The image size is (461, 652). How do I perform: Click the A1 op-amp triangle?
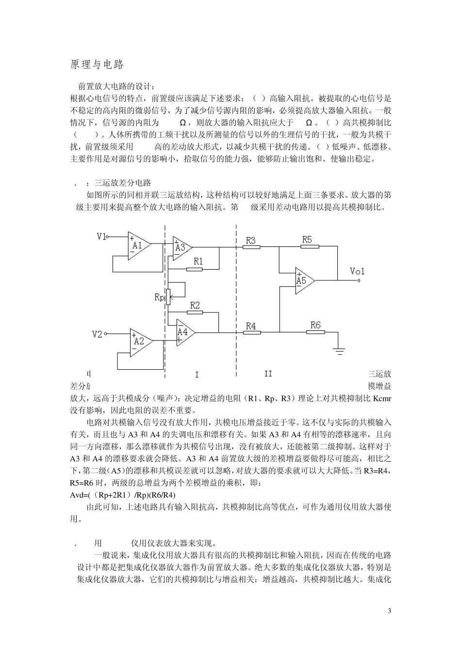[x=138, y=245]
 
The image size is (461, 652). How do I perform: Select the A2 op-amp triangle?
[x=140, y=341]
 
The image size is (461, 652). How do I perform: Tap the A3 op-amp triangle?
[x=181, y=247]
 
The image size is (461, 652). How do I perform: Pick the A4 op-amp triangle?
[x=184, y=332]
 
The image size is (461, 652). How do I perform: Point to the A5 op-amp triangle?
[x=303, y=280]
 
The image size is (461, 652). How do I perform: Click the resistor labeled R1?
[x=194, y=269]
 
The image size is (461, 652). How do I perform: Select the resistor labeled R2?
[x=194, y=313]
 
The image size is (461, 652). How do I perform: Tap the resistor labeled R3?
[x=251, y=247]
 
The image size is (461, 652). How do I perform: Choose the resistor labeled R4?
[x=251, y=333]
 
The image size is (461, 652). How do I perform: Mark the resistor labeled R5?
[x=310, y=247]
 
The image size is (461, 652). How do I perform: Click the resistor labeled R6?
[x=315, y=333]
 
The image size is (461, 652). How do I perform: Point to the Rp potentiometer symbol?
[x=167, y=297]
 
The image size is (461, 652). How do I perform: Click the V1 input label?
[x=101, y=237]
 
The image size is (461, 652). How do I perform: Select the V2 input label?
[x=98, y=334]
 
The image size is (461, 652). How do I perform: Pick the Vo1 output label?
[x=357, y=271]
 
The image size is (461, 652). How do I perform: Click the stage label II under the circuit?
[x=268, y=374]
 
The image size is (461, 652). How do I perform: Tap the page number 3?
[x=389, y=610]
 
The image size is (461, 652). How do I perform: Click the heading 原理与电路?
[x=97, y=65]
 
